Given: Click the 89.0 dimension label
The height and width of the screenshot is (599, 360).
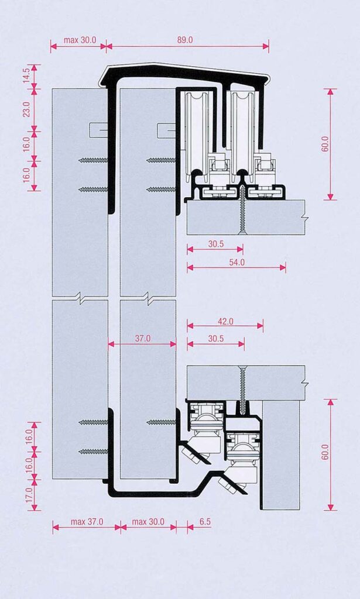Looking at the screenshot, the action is point(184,40).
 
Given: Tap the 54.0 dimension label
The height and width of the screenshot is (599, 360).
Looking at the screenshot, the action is point(236,262).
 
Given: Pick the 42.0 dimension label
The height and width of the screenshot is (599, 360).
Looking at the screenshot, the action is point(225,321).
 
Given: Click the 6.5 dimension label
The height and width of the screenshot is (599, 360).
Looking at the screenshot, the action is point(205,521).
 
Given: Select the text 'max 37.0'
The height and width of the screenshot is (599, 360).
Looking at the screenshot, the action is point(87,521).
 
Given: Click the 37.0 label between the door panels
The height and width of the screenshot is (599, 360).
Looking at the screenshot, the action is point(143,339).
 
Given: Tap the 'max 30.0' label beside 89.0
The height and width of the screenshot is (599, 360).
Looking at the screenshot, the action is point(80,40).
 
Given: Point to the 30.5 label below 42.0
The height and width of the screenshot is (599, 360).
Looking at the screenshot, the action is point(216,339).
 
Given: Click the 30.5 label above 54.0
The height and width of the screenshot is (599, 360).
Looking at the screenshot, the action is point(216,244).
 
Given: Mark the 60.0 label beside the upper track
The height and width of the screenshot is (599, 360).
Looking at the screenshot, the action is point(325,144).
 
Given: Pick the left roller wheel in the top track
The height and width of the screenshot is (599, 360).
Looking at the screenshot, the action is point(197,134).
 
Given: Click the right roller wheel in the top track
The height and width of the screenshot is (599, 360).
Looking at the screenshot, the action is point(242,134).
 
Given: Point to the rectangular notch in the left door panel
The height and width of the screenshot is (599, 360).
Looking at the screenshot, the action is point(98,130).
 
